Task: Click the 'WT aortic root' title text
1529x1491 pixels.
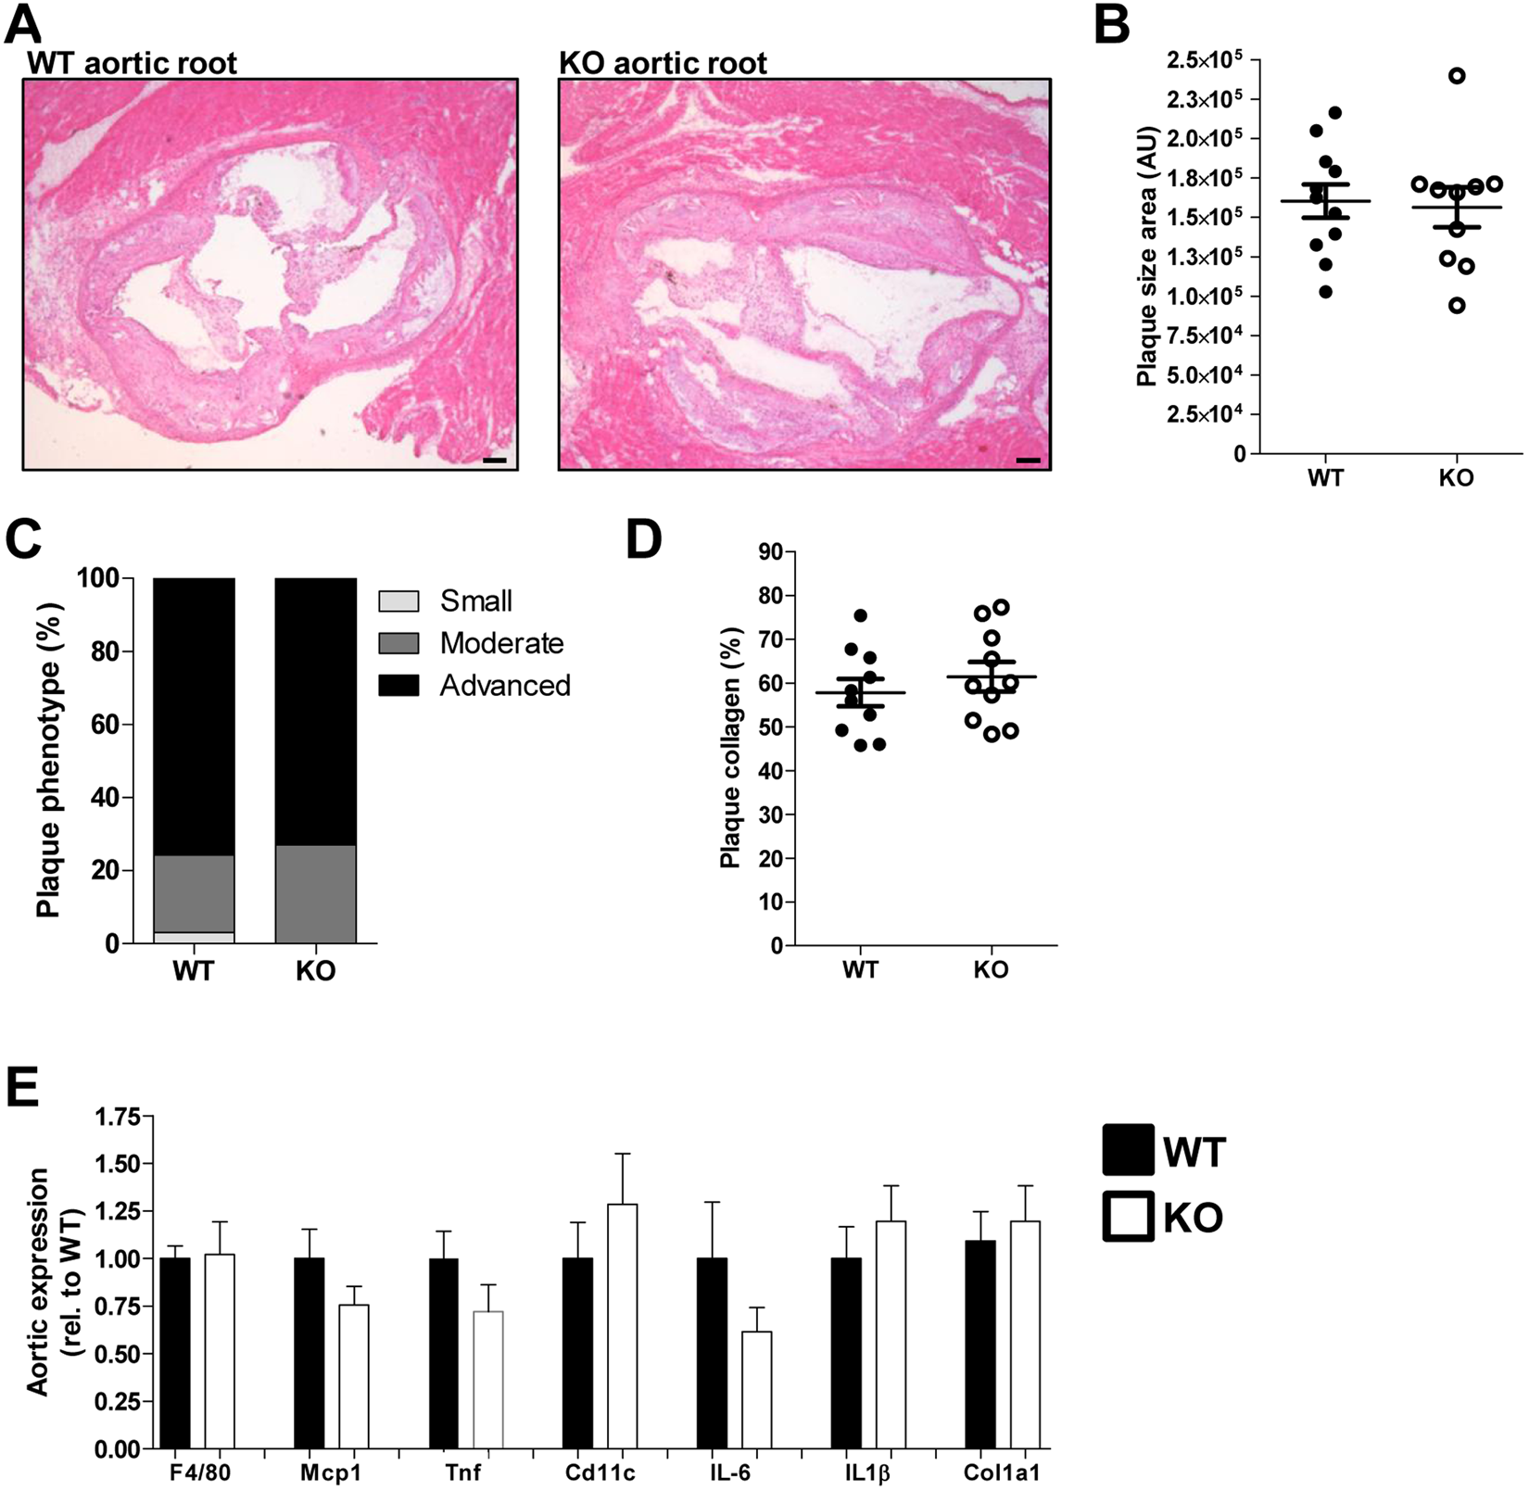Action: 132,63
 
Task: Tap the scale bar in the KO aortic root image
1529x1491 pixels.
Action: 1028,460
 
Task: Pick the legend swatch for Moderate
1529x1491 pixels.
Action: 398,643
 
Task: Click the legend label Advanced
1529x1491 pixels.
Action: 505,686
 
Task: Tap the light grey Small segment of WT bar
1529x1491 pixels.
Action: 194,938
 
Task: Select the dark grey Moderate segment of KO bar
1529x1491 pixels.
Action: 315,894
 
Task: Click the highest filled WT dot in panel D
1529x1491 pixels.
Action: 860,615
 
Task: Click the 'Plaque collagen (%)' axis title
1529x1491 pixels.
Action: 732,747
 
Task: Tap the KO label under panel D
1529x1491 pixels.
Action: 991,970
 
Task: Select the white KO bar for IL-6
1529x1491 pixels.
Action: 756,1389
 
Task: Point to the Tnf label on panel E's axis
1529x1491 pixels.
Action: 465,1472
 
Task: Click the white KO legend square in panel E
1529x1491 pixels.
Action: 1128,1216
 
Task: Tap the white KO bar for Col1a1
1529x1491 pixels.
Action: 1025,1333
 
